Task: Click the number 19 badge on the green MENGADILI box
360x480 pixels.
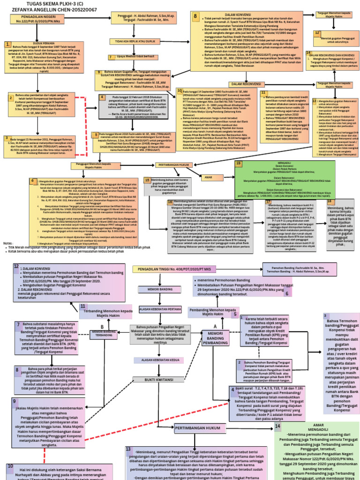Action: pos(239,163)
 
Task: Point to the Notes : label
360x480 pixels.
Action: pos(8,244)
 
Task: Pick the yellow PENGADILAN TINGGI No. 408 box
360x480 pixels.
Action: pos(172,269)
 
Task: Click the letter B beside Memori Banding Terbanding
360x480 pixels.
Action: pos(102,326)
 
